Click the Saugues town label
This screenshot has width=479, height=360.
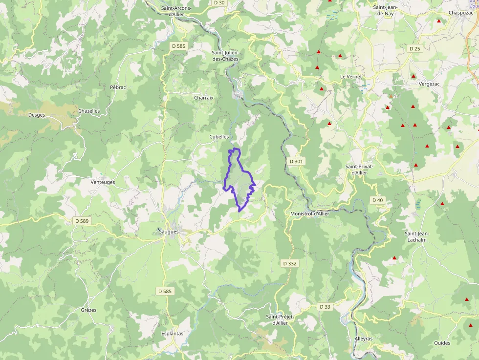169,231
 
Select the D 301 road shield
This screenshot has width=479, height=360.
296,161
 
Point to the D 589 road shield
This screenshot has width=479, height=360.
82,221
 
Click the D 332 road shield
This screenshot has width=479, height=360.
290,263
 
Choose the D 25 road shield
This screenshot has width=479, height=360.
414,48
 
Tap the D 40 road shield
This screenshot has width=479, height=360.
377,200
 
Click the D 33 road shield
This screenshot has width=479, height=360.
325,307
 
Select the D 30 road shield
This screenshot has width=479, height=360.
219,3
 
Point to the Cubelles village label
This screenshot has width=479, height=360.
219,137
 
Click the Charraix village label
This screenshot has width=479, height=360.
204,98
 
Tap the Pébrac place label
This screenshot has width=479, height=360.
118,87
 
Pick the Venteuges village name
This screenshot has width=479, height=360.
103,182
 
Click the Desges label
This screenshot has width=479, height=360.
37,115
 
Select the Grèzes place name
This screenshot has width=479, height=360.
88,310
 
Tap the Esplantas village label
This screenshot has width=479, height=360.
172,334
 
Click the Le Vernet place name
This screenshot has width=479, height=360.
350,77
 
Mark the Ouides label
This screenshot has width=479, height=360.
442,343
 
